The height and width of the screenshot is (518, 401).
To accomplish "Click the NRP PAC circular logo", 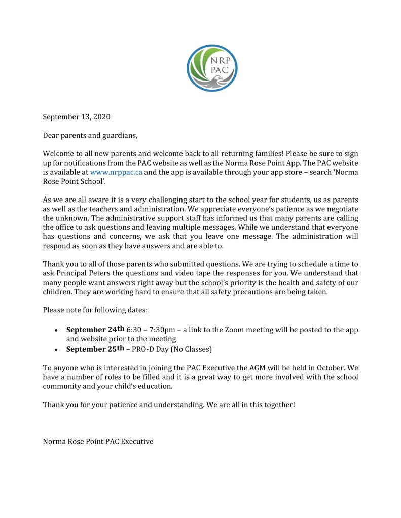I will tap(212, 67).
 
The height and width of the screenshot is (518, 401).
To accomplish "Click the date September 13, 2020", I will tap(77, 117).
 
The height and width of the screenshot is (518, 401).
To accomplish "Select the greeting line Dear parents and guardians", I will tap(90, 135).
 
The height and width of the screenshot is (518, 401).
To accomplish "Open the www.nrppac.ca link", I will tap(116, 172).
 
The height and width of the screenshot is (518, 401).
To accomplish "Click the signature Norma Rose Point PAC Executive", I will tap(98, 441).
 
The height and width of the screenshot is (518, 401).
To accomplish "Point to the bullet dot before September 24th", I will tap(55, 331).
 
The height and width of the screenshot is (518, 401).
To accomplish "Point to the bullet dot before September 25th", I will tap(55, 350).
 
